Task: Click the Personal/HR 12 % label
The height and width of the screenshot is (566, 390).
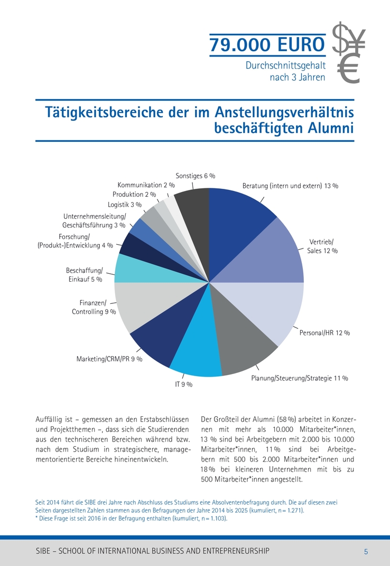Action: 325,333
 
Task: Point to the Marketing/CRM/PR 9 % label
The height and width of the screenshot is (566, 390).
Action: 109,360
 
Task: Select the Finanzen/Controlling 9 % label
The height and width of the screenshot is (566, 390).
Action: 94,307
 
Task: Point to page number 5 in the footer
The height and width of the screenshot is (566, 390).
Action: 366,551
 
